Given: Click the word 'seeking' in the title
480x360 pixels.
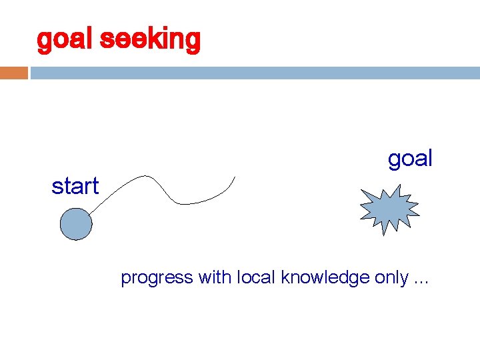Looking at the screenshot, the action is point(149,41).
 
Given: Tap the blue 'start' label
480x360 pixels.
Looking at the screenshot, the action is point(75,187).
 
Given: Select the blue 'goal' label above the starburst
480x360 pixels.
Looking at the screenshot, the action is point(410,159).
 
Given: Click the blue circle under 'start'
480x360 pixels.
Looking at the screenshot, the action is point(75,224).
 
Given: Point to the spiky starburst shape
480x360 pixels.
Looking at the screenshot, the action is point(389,209).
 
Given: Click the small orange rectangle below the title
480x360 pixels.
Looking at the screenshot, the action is point(13,72).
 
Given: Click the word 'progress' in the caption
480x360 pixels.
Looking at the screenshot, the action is point(156,278).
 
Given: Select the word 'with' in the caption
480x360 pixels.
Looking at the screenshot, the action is point(213,277).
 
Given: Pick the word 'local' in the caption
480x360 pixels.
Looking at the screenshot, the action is point(257,277).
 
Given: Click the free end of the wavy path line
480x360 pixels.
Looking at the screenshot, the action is point(235,177).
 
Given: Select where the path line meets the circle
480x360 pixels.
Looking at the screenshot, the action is point(89,214).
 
